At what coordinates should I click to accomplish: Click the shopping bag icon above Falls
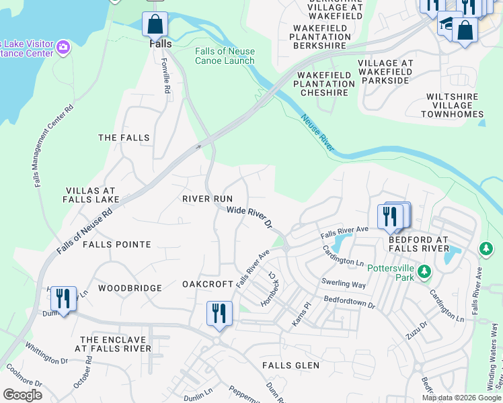155,25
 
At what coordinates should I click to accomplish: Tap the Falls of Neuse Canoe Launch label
225,56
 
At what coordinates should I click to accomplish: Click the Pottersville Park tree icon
424,271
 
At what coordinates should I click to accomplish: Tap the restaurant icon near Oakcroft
219,313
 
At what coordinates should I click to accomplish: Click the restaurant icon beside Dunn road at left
63,298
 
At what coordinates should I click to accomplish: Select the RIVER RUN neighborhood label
207,199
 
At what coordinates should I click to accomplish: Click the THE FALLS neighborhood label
124,138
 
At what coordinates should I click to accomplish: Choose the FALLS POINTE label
116,244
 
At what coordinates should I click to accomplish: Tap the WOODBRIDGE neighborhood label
130,288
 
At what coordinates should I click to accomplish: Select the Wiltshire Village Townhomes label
453,105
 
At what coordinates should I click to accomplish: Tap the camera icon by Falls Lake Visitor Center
63,46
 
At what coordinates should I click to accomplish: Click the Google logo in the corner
22,395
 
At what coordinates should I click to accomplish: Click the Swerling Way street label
343,284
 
